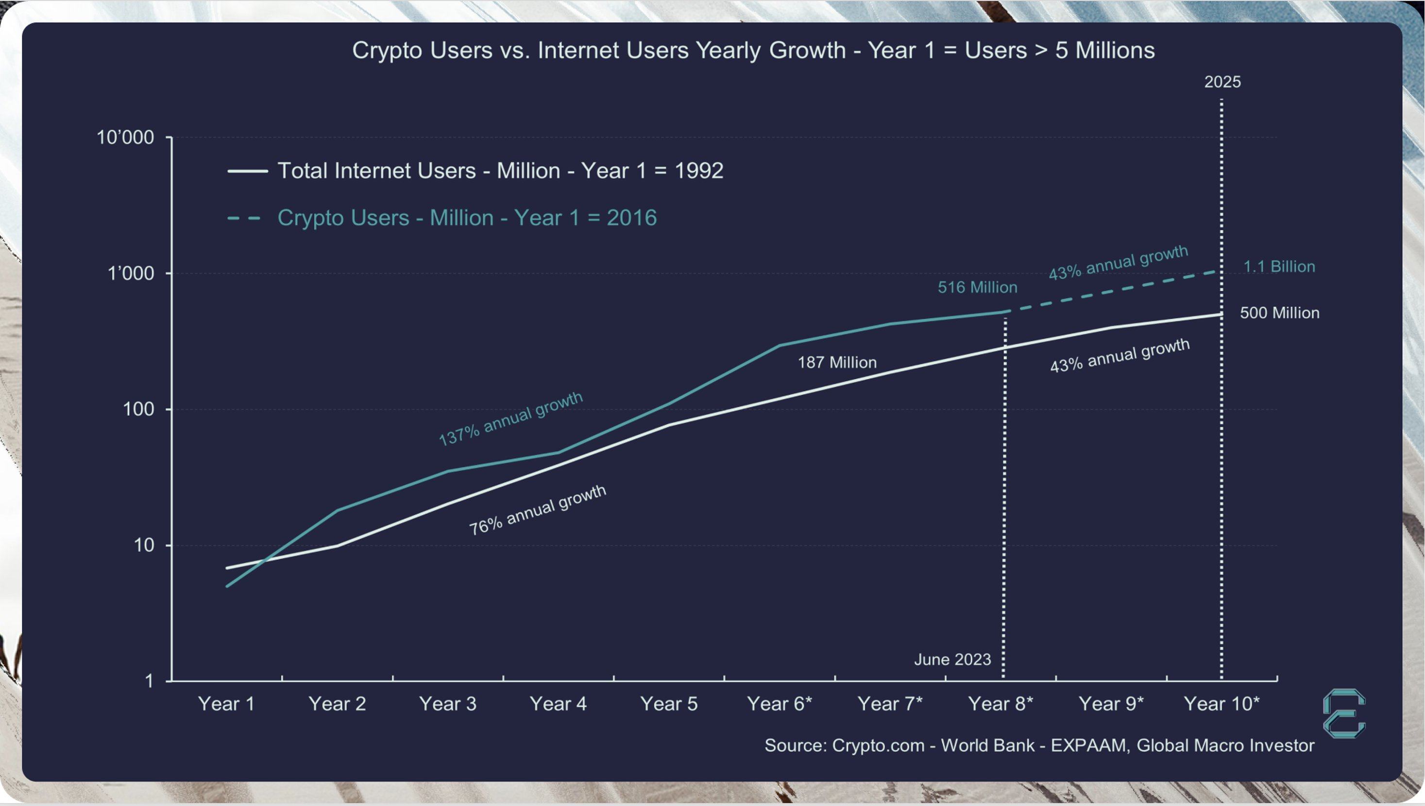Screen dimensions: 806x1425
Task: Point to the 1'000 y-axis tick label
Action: [131, 274]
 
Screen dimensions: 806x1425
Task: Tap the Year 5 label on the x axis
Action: [669, 704]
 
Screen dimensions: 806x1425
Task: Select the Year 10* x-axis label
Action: [1221, 704]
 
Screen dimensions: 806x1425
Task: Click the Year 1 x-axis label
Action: [226, 704]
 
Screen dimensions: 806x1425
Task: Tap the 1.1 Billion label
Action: [1279, 267]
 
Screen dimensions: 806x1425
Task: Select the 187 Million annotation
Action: [837, 363]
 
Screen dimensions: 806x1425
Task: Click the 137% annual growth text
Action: [510, 419]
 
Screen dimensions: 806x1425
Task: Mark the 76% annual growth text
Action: [538, 510]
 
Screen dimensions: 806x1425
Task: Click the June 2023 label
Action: [952, 660]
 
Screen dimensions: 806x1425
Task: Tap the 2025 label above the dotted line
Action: [1222, 82]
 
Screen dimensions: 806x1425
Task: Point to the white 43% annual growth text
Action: [1120, 356]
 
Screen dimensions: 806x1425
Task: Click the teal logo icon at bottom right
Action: [1344, 714]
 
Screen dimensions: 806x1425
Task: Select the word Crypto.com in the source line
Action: [878, 746]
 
